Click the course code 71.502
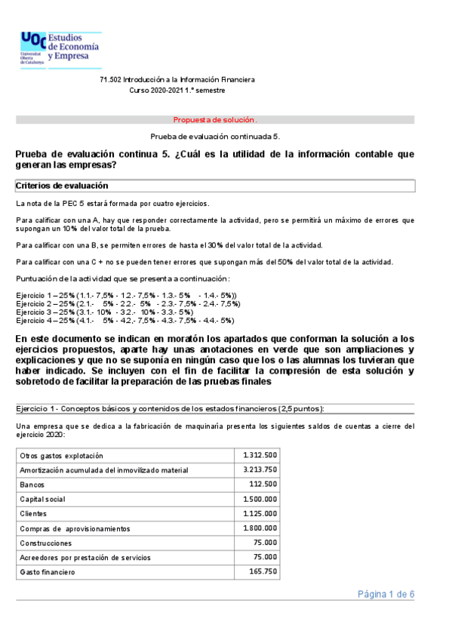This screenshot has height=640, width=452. (x=111, y=79)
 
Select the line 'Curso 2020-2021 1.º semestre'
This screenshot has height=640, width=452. (x=177, y=90)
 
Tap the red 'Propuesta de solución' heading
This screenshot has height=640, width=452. (x=215, y=119)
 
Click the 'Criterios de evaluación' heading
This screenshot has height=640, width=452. (x=62, y=186)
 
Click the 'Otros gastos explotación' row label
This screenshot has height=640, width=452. (x=61, y=456)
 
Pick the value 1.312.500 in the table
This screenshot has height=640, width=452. (x=260, y=455)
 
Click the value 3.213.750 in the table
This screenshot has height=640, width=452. (x=260, y=469)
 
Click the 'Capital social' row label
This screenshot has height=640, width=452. (x=42, y=499)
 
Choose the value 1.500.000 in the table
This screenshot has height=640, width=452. (x=260, y=499)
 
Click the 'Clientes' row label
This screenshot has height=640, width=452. (x=34, y=514)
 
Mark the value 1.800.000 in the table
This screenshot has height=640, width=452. (x=260, y=528)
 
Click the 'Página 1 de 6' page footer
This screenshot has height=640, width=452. (x=386, y=595)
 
